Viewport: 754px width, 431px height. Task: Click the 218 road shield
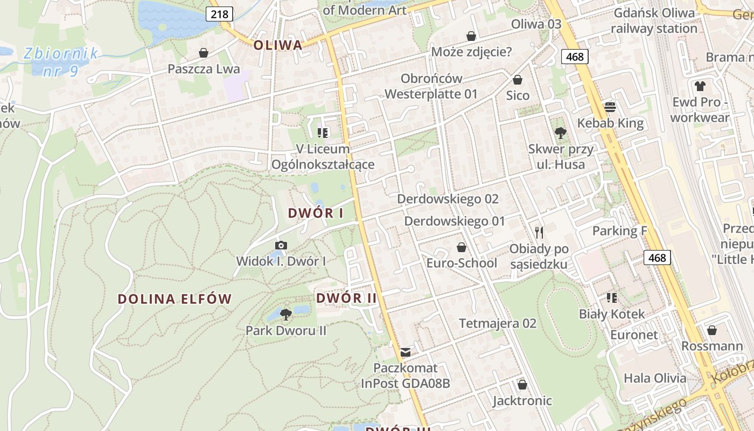coord(220,14)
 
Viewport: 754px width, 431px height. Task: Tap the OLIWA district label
coord(278,45)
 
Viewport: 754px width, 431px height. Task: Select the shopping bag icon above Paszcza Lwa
coord(204,53)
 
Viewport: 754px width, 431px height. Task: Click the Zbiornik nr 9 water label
coord(60,61)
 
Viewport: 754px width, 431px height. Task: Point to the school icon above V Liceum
coord(323,133)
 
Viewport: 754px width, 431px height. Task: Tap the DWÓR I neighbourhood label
coord(316,213)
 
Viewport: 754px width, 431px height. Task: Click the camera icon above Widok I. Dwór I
coord(281,246)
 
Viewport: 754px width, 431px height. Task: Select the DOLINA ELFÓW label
coord(174,299)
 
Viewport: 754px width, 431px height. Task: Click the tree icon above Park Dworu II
coord(286,314)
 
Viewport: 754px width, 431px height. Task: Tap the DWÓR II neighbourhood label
coord(346,298)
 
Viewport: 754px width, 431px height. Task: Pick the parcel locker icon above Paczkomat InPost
coord(406,352)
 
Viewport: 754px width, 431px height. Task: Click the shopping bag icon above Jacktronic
coord(522,385)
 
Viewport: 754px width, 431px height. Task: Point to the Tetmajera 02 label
coord(498,323)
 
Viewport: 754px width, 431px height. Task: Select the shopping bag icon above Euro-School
coord(462,247)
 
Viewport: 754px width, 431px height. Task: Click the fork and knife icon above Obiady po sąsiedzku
coord(539,233)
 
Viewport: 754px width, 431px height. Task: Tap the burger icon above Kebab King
coord(610,107)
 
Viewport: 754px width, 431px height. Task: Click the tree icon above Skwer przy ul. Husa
coord(561,133)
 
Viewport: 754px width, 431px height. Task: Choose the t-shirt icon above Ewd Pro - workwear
coord(700,86)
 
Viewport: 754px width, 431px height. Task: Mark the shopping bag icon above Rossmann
coord(712,330)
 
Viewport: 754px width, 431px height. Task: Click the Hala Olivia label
coord(655,378)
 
